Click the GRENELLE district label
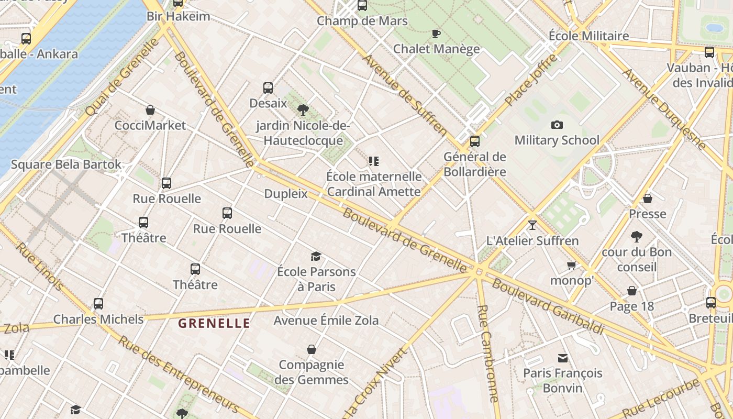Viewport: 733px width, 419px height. [x=214, y=323]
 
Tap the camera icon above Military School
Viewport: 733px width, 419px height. [x=557, y=125]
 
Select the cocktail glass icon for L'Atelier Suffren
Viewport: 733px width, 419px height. [x=532, y=225]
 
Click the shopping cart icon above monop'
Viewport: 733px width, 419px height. [x=571, y=265]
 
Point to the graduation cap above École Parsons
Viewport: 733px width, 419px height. [x=316, y=256]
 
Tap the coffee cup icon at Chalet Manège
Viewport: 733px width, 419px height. [x=436, y=34]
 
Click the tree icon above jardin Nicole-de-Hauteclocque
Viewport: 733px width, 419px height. [x=303, y=110]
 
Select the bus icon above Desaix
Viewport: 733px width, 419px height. [x=268, y=88]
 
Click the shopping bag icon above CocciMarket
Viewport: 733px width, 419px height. [x=150, y=110]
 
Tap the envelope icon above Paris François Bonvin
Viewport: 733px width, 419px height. [x=563, y=358]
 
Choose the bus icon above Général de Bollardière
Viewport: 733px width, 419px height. [x=475, y=141]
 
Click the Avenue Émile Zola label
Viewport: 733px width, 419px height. [x=326, y=320]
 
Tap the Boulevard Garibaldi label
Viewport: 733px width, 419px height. [x=548, y=307]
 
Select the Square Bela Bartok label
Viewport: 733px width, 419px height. [x=66, y=164]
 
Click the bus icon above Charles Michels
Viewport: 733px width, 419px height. [x=98, y=304]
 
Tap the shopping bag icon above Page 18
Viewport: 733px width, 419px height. [x=632, y=291]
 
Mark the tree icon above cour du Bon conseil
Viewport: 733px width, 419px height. [x=637, y=237]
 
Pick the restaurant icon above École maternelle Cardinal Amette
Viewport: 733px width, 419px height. [x=373, y=161]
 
